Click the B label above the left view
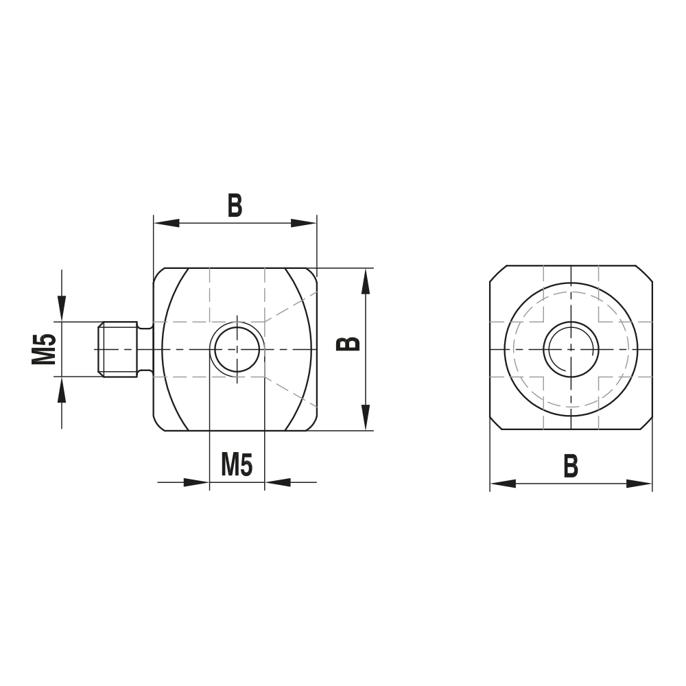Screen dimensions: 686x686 click(x=235, y=205)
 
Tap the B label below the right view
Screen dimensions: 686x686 click(x=571, y=466)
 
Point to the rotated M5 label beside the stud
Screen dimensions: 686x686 click(x=44, y=348)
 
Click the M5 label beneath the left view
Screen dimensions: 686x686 click(x=237, y=466)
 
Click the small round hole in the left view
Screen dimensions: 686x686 click(x=236, y=348)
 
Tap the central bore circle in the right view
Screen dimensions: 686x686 click(x=571, y=349)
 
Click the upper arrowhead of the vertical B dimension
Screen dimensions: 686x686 click(x=366, y=281)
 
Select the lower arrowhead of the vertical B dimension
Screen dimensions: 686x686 click(x=366, y=418)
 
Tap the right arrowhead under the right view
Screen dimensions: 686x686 click(x=639, y=484)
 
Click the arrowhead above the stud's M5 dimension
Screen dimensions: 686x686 click(x=62, y=308)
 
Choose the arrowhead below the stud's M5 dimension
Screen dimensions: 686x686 click(x=62, y=390)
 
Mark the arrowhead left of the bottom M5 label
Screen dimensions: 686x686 click(x=196, y=482)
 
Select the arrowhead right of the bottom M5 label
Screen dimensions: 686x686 click(x=277, y=482)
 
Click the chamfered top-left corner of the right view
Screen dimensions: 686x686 click(x=497, y=274)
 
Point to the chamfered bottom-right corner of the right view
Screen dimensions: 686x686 click(x=645, y=423)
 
